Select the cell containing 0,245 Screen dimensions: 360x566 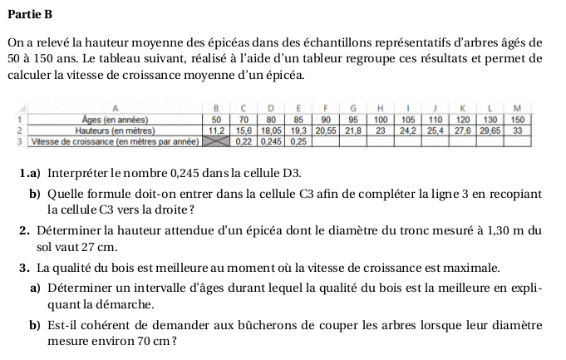271,141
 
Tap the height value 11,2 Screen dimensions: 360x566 218,131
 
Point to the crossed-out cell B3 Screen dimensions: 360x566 218,141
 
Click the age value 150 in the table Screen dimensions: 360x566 517,120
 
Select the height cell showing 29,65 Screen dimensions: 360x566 490,131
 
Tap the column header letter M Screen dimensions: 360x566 517,108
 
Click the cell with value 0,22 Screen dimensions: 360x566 244,141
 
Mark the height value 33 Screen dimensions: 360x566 517,131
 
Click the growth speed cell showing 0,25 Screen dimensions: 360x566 298,141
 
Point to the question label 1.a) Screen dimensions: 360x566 32,173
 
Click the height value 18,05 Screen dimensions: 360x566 271,131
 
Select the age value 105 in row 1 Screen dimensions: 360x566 407,120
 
